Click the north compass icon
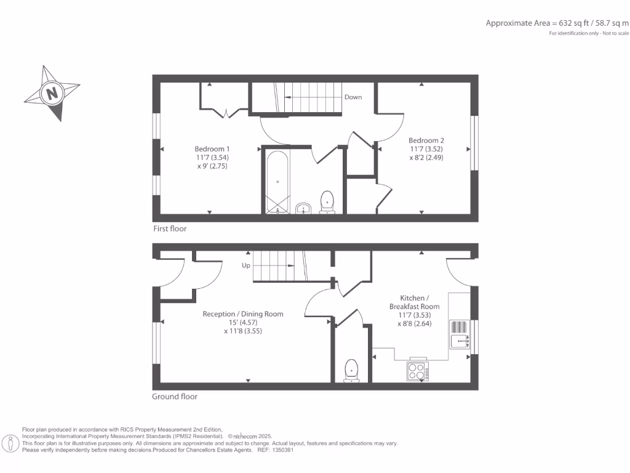(x=52, y=94)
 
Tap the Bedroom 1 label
(x=212, y=148)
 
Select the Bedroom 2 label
(x=426, y=140)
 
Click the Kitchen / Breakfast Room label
(x=414, y=302)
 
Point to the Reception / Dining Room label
(x=243, y=313)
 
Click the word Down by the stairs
(x=353, y=97)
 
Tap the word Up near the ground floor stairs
(x=246, y=266)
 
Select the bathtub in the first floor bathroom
(x=277, y=181)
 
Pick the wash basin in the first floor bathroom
(x=303, y=209)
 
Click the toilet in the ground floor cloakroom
(x=351, y=370)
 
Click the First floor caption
(x=170, y=228)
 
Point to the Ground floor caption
(x=175, y=397)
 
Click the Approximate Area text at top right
(x=557, y=23)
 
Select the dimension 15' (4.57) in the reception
(x=243, y=322)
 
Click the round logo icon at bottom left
(x=10, y=443)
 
